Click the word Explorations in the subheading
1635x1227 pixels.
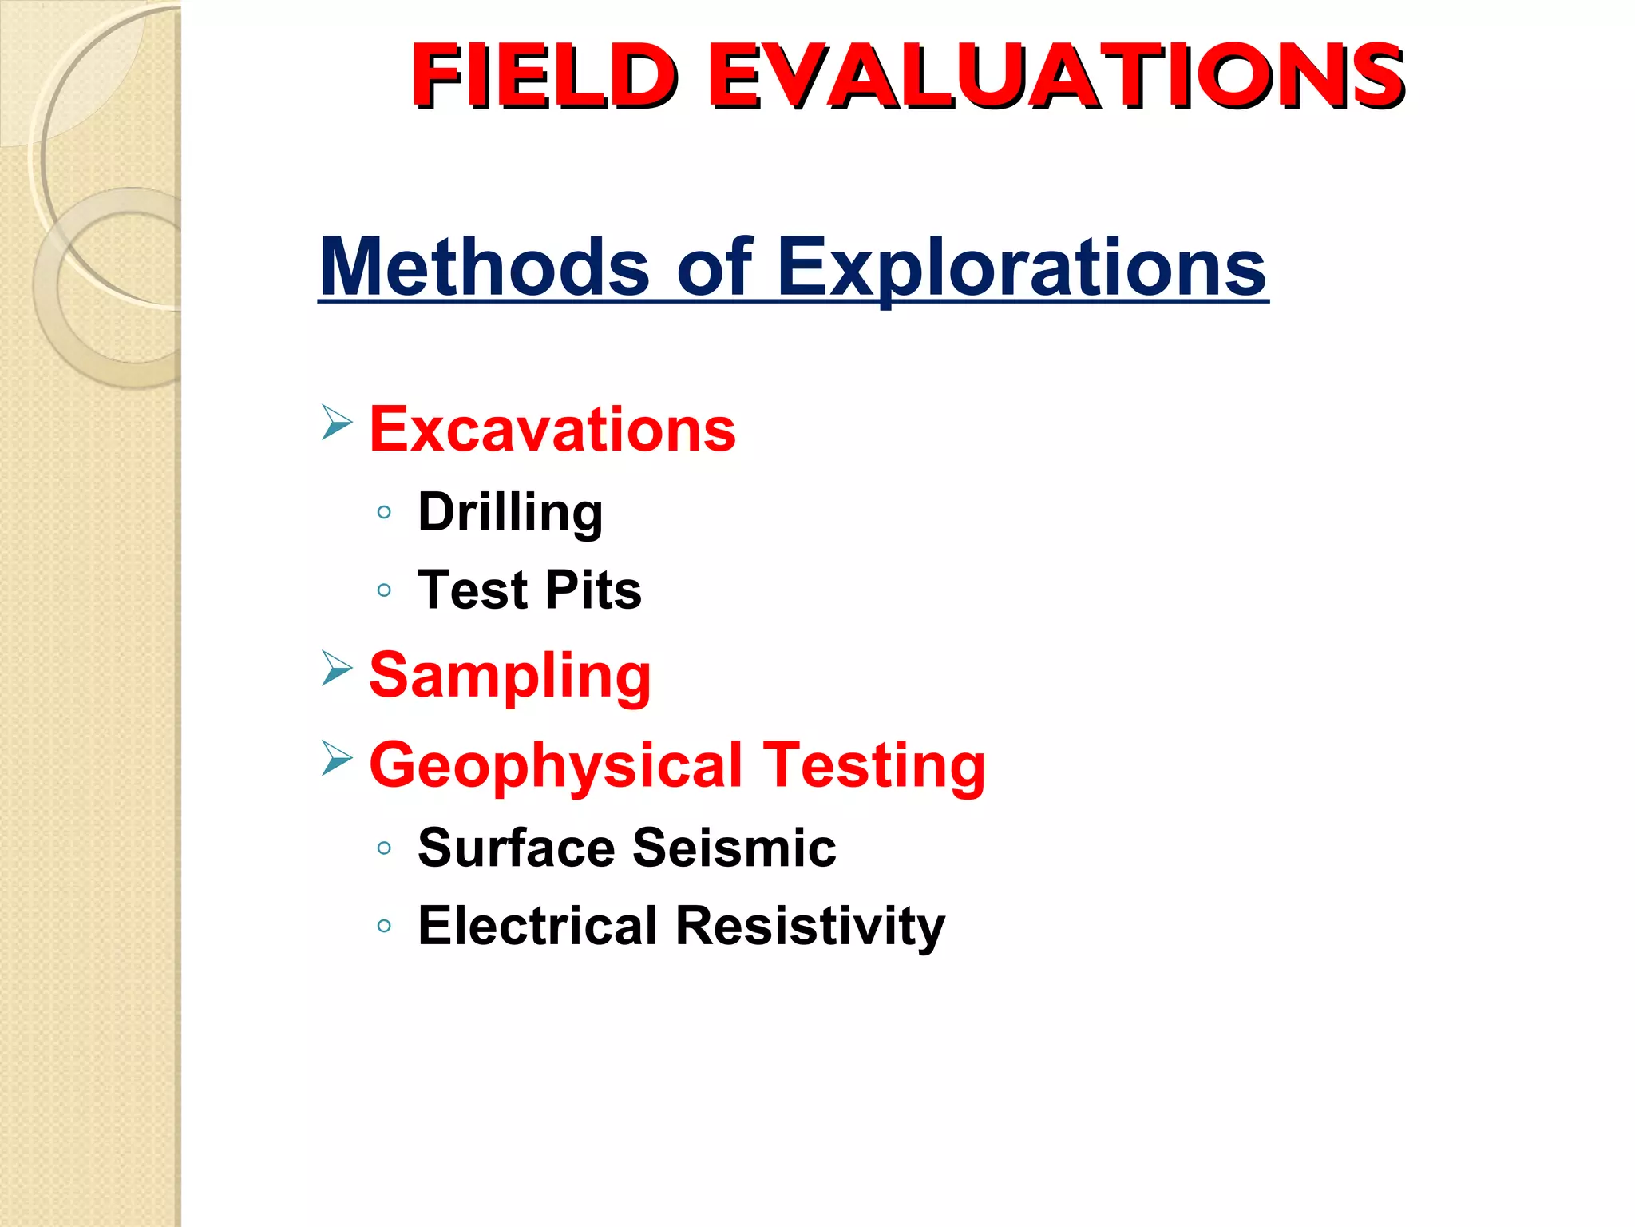pyautogui.click(x=1021, y=267)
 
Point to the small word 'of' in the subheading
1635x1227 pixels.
pyautogui.click(x=714, y=267)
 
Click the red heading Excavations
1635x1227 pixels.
pyautogui.click(x=552, y=430)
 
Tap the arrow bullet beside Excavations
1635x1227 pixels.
pyautogui.click(x=337, y=422)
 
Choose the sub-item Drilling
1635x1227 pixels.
pyautogui.click(x=510, y=512)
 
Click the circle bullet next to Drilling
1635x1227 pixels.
pyautogui.click(x=384, y=512)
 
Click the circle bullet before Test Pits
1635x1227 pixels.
pyautogui.click(x=384, y=591)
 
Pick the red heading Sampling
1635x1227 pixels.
pyautogui.click(x=510, y=676)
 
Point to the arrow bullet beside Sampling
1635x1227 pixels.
pyautogui.click(x=337, y=668)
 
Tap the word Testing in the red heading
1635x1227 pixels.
pyautogui.click(x=874, y=765)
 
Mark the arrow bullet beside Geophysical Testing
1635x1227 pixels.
pyautogui.click(x=337, y=757)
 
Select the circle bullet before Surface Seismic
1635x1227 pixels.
pyautogui.click(x=384, y=848)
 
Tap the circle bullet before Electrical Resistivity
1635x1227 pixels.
pyautogui.click(x=384, y=927)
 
